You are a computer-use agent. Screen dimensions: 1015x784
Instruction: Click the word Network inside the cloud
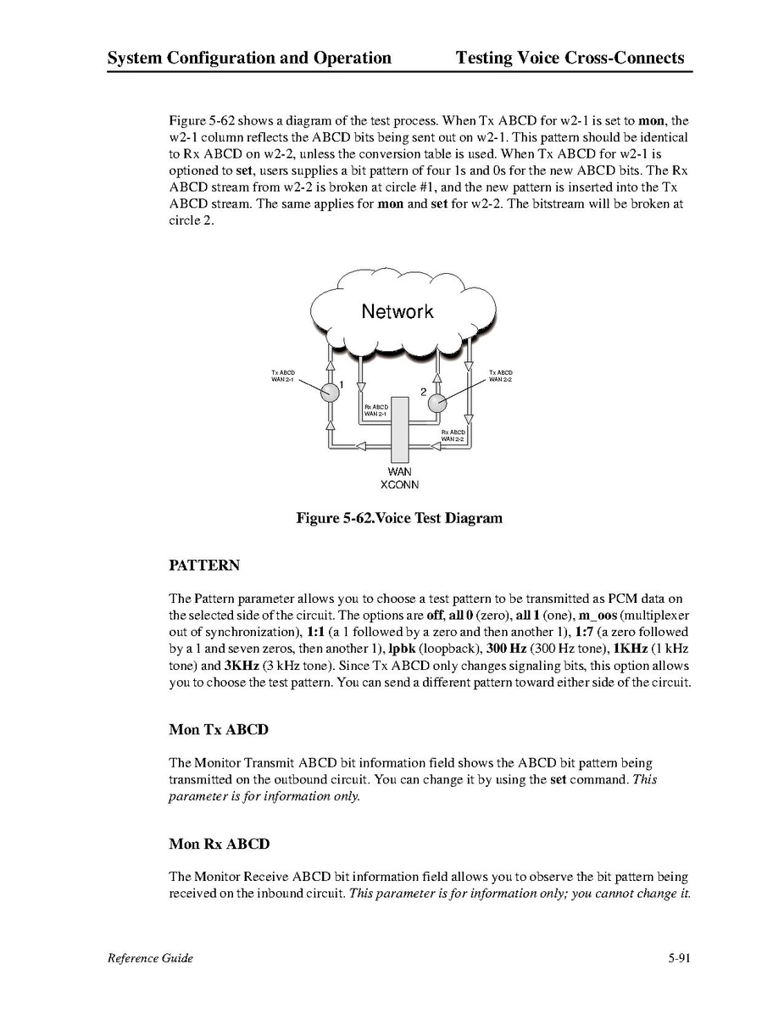click(397, 311)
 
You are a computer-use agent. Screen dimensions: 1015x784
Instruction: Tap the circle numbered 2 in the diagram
click(436, 403)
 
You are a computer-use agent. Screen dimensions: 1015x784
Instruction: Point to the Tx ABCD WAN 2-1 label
click(283, 376)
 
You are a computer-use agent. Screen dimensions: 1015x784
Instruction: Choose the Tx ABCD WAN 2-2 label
click(501, 376)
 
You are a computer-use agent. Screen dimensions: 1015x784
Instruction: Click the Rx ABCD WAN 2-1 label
click(375, 410)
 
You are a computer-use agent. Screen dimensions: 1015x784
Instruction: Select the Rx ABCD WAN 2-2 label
click(453, 435)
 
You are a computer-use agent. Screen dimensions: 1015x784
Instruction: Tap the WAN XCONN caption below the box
click(398, 477)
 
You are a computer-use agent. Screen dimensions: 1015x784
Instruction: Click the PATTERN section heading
click(204, 565)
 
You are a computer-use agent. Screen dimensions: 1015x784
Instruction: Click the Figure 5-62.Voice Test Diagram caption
click(398, 518)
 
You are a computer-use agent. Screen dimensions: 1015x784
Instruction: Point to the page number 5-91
click(680, 958)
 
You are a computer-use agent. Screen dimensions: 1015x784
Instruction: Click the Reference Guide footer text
click(150, 958)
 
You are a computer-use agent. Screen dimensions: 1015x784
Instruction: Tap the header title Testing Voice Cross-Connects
click(570, 59)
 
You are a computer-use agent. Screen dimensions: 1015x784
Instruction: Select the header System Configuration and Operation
click(249, 59)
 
